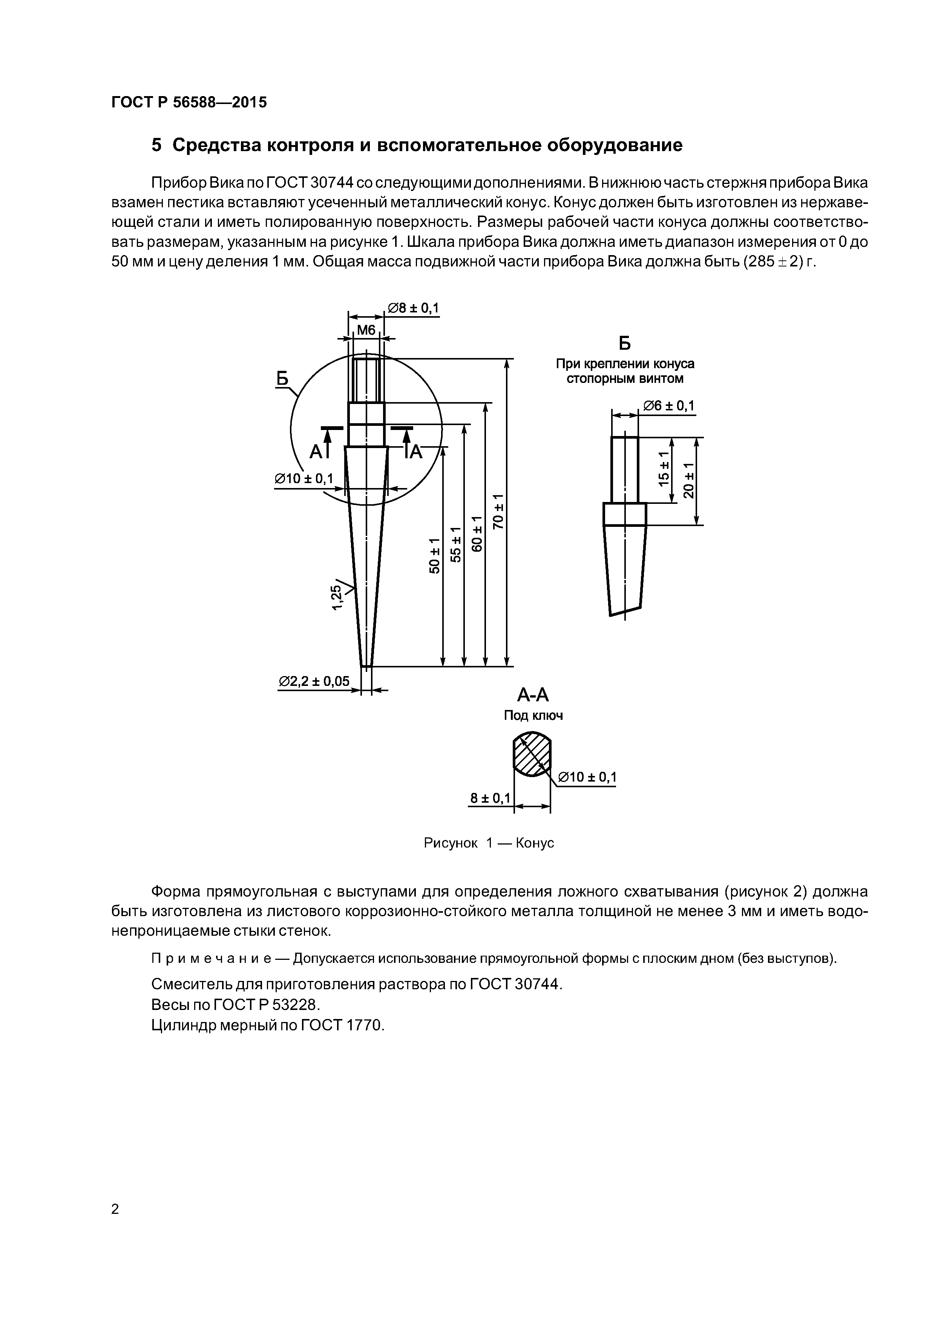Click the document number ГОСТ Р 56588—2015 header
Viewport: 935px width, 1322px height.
click(x=189, y=103)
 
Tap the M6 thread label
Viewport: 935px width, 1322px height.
click(x=366, y=330)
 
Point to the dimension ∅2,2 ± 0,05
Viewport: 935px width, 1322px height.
click(x=314, y=682)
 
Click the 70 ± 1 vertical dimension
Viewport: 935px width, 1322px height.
click(x=499, y=511)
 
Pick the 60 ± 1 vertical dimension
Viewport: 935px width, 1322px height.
click(x=477, y=534)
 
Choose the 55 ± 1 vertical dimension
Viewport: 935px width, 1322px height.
click(x=456, y=545)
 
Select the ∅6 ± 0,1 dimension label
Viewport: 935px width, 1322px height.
click(x=669, y=406)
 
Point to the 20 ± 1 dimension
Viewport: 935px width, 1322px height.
click(x=688, y=480)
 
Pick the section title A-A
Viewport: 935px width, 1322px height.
click(x=533, y=696)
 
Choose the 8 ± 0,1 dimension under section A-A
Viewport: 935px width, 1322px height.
click(x=490, y=798)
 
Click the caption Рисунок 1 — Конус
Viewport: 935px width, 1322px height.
click(x=489, y=843)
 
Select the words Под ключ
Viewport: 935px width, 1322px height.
click(x=533, y=716)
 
